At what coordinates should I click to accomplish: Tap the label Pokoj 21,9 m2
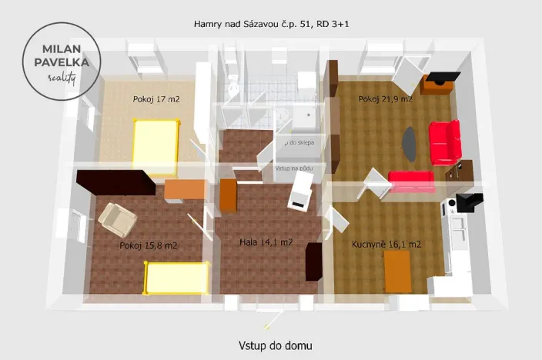tap(385, 99)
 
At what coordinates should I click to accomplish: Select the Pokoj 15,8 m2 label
tap(149, 246)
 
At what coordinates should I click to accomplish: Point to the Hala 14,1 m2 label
tap(266, 242)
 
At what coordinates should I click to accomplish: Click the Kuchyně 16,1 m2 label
tap(386, 245)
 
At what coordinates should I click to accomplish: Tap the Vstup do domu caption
tap(275, 346)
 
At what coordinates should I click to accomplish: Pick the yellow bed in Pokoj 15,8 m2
tap(177, 278)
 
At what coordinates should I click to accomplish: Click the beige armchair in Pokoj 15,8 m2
tap(118, 218)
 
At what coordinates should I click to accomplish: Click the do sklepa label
tap(300, 143)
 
